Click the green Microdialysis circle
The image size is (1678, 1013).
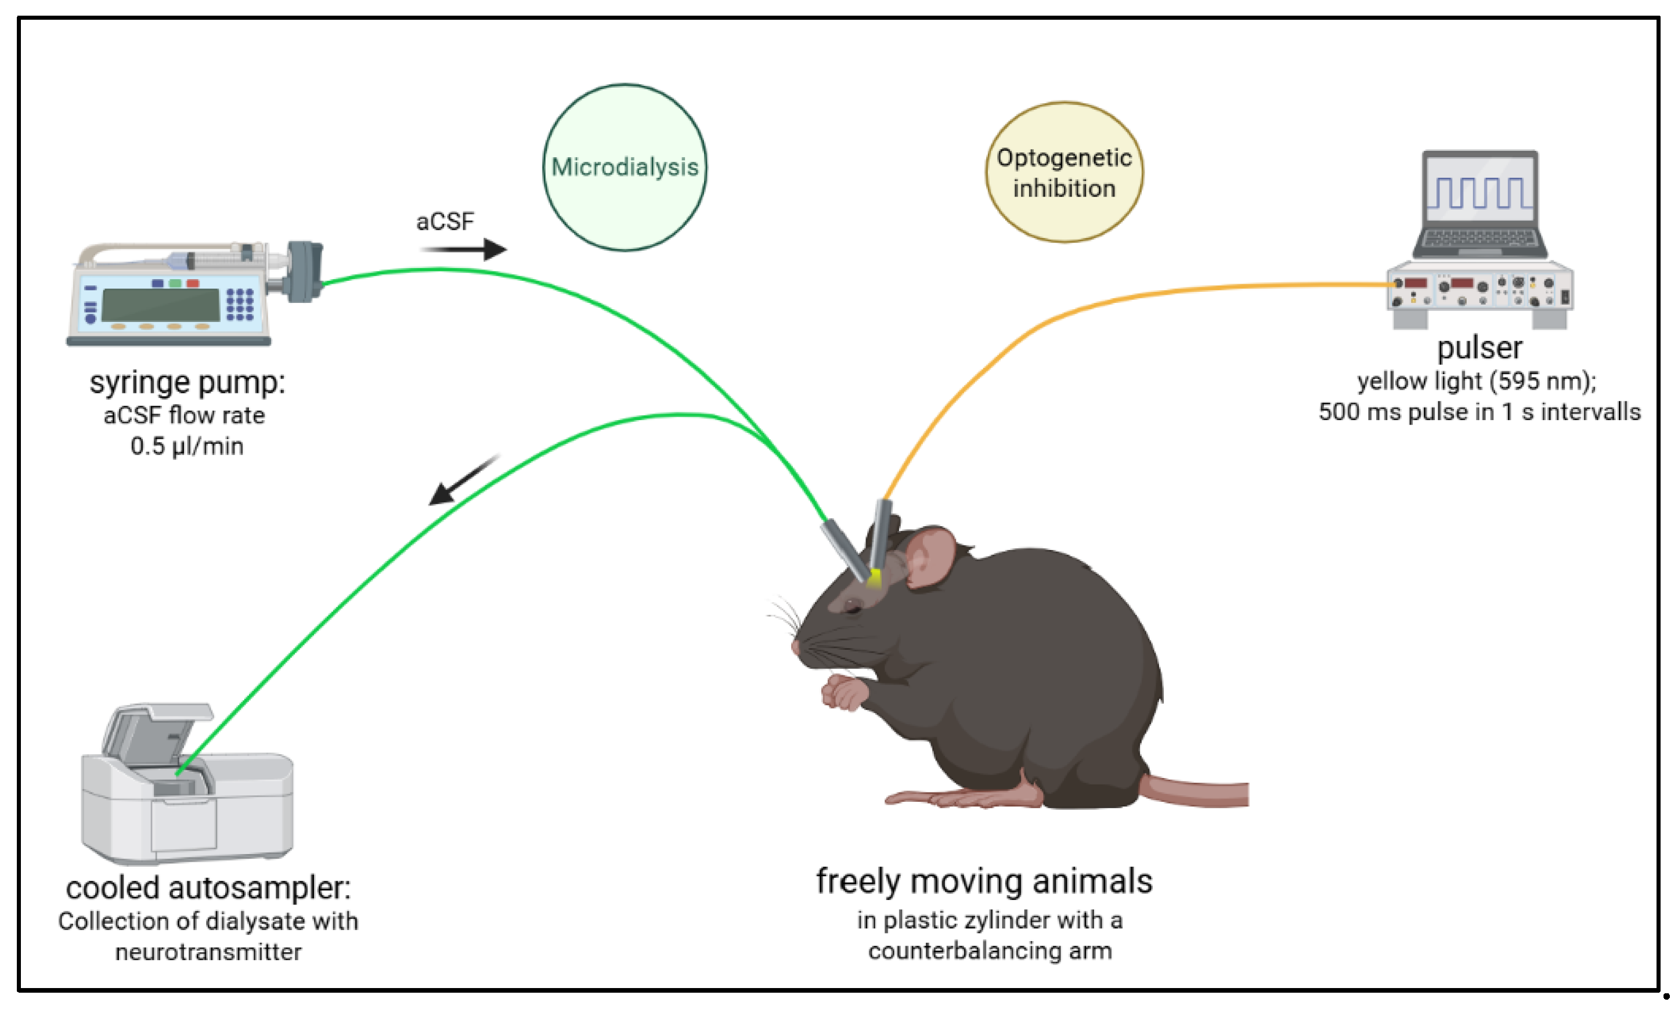tap(625, 168)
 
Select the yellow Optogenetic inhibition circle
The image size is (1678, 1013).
tap(1064, 173)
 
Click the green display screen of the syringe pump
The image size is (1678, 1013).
tap(161, 305)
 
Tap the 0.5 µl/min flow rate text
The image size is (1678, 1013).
tap(186, 447)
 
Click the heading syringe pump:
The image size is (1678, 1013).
tap(187, 382)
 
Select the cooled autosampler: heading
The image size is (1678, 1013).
tap(208, 888)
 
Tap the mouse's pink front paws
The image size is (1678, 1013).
tap(845, 694)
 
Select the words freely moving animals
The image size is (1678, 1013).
tap(984, 882)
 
